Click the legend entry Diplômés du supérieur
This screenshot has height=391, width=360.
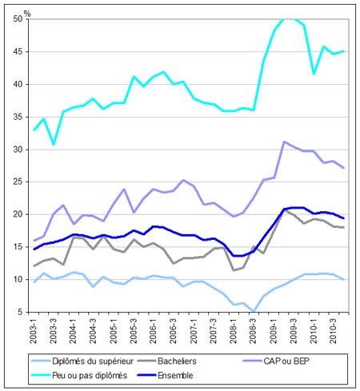pos(93,361)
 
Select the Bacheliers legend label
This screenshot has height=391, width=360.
pos(177,361)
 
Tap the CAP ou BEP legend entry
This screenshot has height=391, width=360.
pos(286,361)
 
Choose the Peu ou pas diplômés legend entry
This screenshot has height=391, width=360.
pos(90,375)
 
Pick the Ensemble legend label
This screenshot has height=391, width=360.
pos(175,375)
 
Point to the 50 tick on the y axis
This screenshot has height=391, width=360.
pos(18,19)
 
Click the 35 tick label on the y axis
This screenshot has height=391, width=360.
pos(18,117)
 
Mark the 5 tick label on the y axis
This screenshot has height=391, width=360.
pos(20,312)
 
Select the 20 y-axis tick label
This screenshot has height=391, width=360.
pos(18,214)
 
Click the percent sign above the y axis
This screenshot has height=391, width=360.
pos(27,14)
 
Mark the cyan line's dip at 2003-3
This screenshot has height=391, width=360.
pos(54,144)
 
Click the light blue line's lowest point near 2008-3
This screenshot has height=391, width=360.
pos(254,311)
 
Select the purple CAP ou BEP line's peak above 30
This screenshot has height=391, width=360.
pos(284,142)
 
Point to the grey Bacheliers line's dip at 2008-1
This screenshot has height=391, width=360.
pos(234,270)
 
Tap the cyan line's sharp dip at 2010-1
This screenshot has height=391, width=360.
pos(314,74)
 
